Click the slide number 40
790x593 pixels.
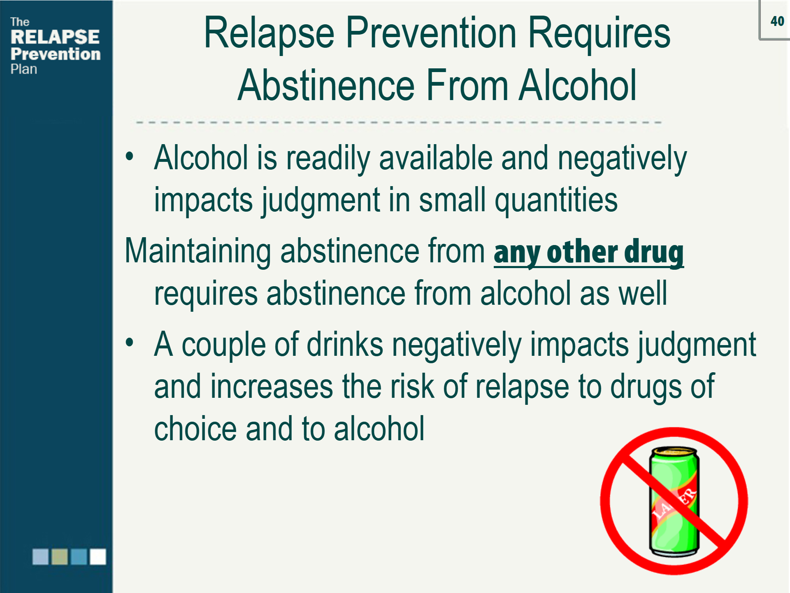[x=777, y=21]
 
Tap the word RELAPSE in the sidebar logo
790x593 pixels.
[x=55, y=37]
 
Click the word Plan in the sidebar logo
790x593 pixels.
[x=24, y=69]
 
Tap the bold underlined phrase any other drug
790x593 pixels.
[x=589, y=252]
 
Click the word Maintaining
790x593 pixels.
[x=198, y=251]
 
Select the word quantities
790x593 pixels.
[x=556, y=200]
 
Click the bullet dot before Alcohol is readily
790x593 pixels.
[x=130, y=156]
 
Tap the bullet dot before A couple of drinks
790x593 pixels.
[x=130, y=343]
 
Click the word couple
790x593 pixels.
[x=224, y=345]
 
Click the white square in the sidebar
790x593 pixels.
[x=98, y=556]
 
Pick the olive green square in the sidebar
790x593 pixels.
[x=60, y=556]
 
